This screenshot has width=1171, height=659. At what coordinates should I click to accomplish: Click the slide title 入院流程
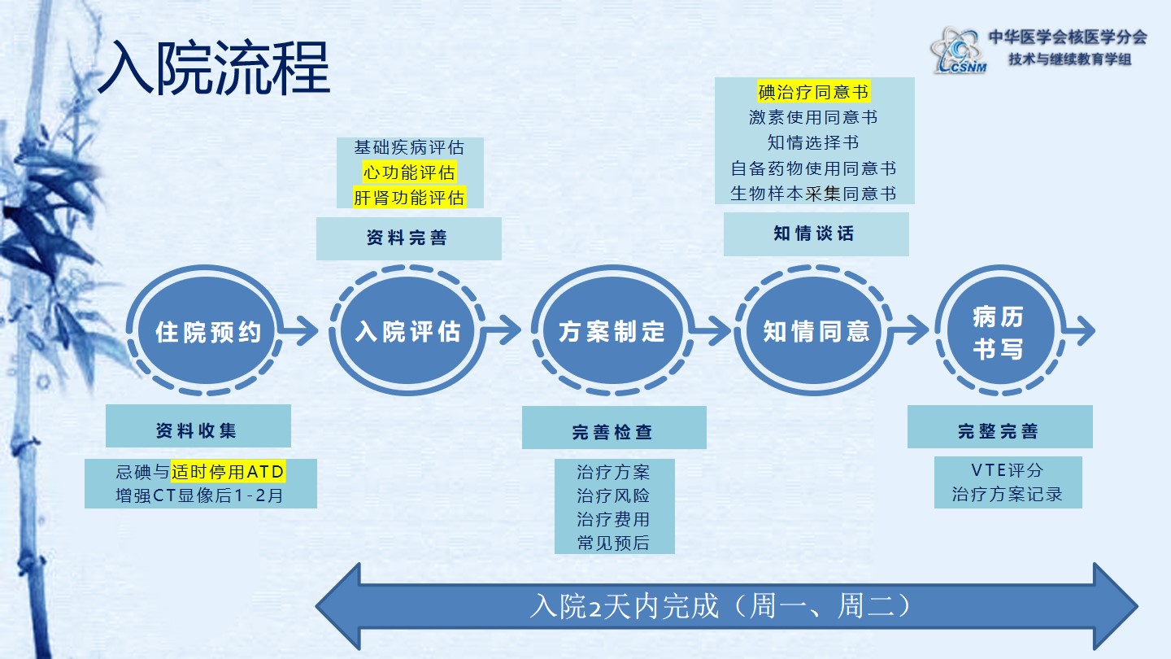(x=214, y=68)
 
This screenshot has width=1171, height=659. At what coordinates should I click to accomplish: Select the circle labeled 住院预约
(x=208, y=332)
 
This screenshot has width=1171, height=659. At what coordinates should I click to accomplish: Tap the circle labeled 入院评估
(x=408, y=332)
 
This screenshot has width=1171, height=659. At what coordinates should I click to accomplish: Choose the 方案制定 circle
(x=612, y=332)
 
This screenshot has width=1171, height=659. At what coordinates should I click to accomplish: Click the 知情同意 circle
(x=816, y=332)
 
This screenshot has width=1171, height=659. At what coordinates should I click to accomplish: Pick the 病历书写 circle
(x=997, y=333)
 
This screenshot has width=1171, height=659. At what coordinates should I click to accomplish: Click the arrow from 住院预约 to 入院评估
(x=302, y=331)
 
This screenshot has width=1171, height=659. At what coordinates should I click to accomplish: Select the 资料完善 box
(x=408, y=238)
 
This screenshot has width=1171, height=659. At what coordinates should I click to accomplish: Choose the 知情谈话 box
(x=816, y=234)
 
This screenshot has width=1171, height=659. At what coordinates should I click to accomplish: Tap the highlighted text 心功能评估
(x=409, y=172)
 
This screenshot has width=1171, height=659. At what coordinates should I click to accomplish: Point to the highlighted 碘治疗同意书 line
(x=813, y=91)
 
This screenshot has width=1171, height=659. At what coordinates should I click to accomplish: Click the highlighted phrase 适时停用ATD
(x=229, y=471)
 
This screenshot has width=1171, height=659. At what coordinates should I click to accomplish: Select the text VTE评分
(x=1007, y=470)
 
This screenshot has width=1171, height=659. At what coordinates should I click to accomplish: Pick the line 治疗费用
(x=613, y=519)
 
